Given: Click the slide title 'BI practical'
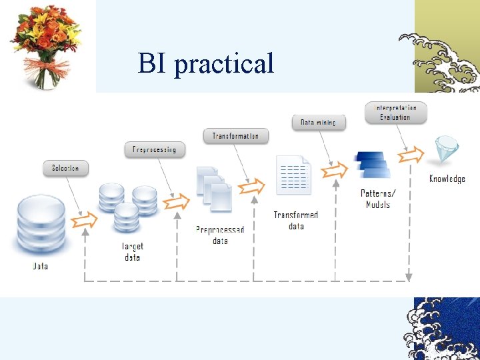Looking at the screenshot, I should point(206,63).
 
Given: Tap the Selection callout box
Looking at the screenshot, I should point(65,168).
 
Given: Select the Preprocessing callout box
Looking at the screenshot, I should point(154,149).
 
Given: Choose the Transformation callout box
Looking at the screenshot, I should point(235,136).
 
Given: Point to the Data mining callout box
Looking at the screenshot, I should point(318,123).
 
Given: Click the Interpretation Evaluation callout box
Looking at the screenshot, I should point(395,112).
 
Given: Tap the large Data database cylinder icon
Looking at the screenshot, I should point(41,226).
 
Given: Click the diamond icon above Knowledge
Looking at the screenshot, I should point(445,151).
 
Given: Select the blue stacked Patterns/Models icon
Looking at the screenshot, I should point(372,165).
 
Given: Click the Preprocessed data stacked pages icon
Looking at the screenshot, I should point(214,187).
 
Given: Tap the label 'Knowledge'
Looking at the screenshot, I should point(447,179).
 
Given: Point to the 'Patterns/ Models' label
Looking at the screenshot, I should point(378,199).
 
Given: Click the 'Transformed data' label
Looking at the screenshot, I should point(296,221).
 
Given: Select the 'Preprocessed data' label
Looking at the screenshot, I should point(220,235).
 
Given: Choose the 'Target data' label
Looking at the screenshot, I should point(132,251).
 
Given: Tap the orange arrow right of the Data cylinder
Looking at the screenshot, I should point(85,219).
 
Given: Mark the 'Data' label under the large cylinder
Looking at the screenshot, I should point(41,266).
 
